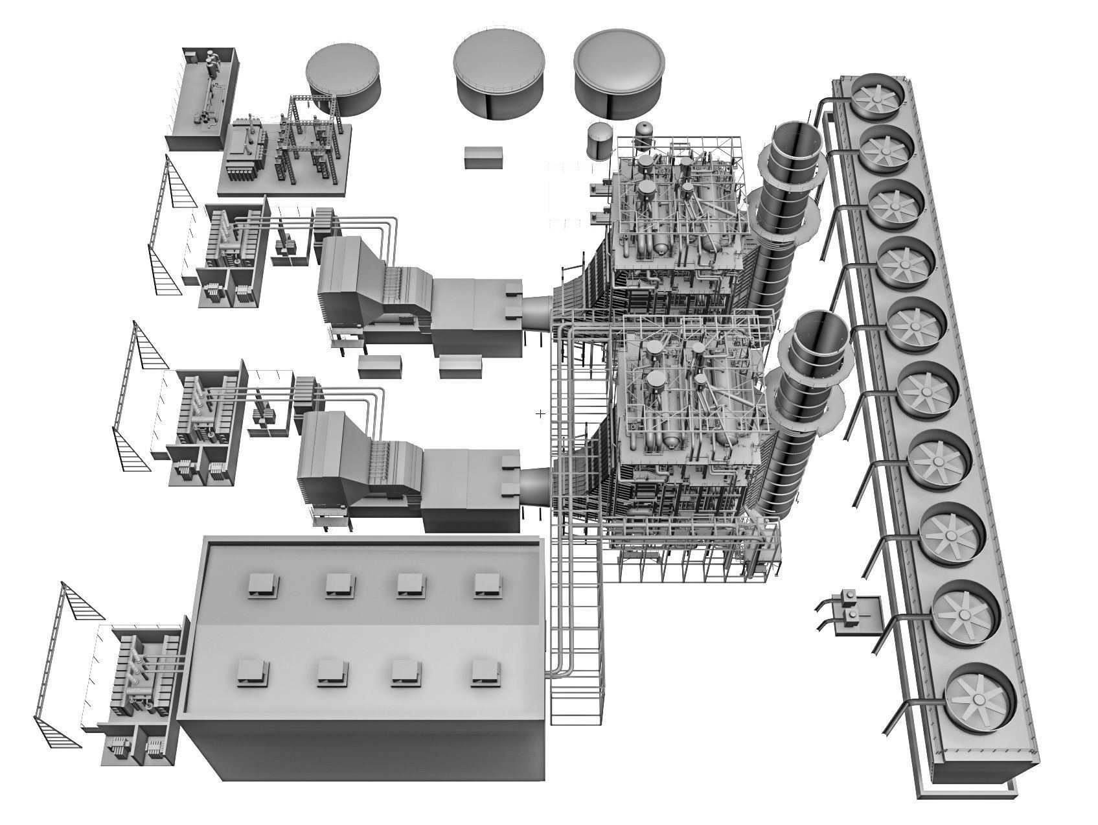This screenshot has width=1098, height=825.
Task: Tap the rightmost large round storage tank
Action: [x=619, y=73]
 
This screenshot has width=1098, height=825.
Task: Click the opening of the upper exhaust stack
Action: [x=797, y=139]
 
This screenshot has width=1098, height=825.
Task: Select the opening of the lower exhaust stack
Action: [x=821, y=331]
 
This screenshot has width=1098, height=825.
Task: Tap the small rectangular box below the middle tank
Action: [x=483, y=156]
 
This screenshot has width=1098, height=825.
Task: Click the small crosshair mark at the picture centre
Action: [x=541, y=413]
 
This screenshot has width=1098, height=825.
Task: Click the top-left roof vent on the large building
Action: [x=261, y=584]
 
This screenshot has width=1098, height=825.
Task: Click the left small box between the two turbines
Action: [x=380, y=366]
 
